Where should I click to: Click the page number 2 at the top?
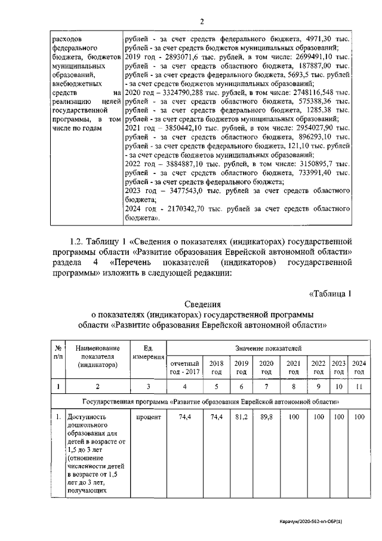click(x=202, y=22)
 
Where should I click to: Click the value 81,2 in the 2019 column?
click(x=241, y=417)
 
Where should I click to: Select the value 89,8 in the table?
click(x=266, y=417)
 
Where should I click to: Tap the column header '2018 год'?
click(x=213, y=367)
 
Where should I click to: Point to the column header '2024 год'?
click(x=359, y=367)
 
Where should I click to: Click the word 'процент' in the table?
click(x=149, y=417)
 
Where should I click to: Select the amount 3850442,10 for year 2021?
click(x=180, y=128)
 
